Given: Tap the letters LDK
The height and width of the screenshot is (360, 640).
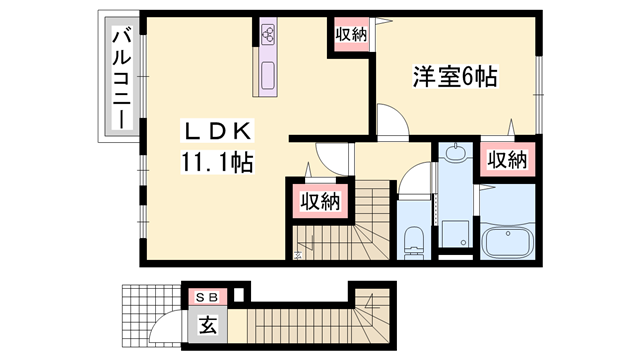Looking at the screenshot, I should tap(219, 131).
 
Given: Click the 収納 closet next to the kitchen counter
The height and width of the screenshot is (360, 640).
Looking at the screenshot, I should tap(351, 34).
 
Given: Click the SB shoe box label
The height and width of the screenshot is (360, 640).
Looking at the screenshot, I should tap(210, 296).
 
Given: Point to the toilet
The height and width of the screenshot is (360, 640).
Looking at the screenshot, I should tap(412, 238).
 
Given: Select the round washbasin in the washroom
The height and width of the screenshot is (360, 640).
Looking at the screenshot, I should tap(455, 156).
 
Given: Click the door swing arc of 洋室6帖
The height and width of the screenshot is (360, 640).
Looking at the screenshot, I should tap(392, 118).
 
